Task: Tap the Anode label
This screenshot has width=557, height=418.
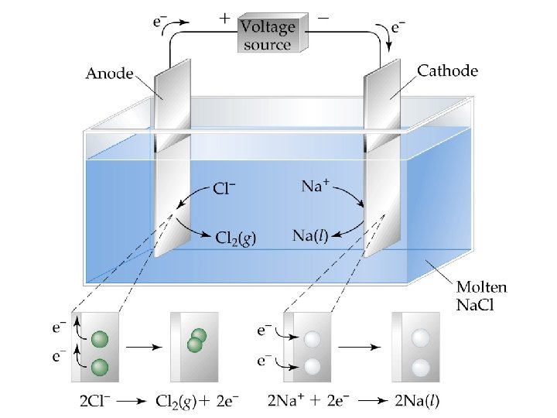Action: (108, 74)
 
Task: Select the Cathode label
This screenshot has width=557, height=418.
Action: (447, 70)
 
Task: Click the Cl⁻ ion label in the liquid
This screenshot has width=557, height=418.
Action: (224, 188)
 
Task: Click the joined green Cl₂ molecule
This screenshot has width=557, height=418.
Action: (196, 340)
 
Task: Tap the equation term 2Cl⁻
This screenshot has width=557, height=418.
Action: (96, 401)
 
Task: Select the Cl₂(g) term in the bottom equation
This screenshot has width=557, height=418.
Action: (179, 401)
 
